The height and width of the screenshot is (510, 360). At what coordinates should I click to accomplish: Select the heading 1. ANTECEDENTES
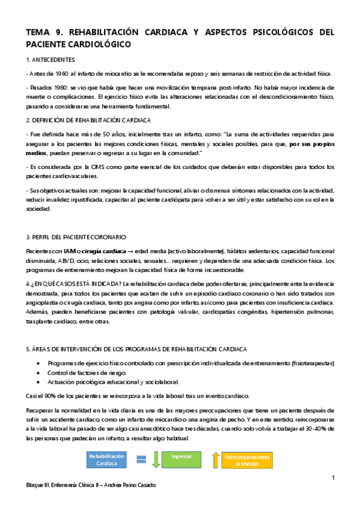(51, 60)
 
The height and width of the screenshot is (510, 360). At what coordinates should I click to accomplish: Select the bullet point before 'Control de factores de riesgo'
(39, 373)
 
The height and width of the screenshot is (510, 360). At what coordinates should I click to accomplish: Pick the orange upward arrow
(215, 460)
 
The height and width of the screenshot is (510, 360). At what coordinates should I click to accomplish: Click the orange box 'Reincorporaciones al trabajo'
(248, 460)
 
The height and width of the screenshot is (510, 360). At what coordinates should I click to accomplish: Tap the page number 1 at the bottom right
(332, 478)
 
